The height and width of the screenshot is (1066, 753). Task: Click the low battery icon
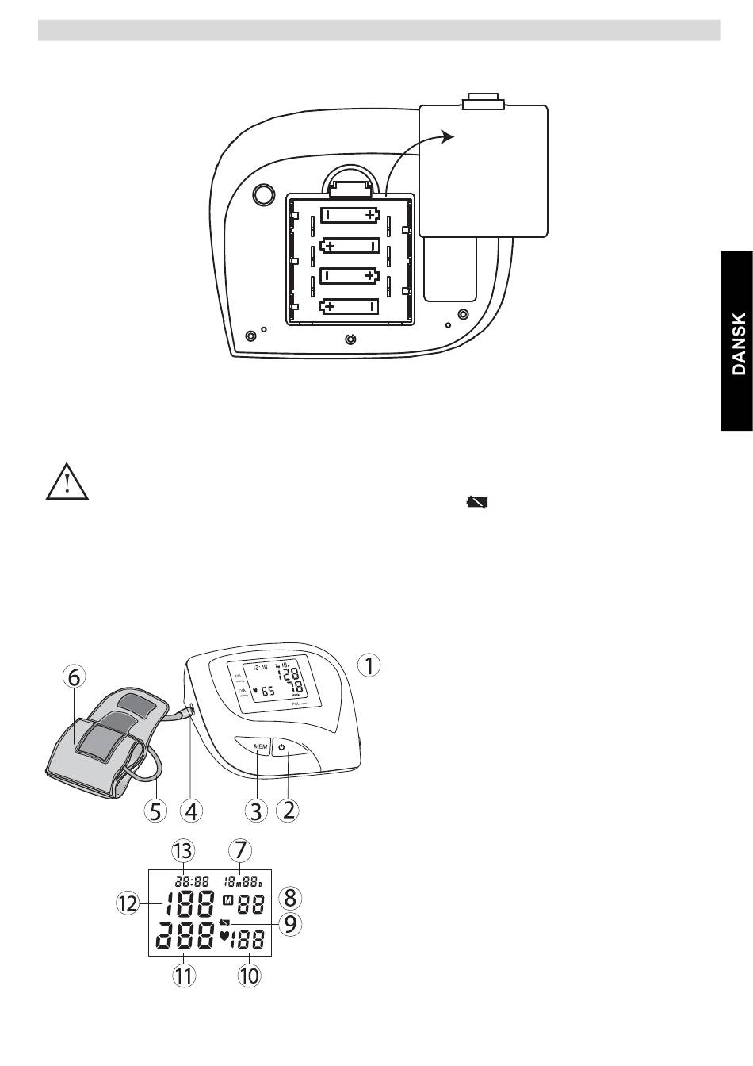[x=478, y=502]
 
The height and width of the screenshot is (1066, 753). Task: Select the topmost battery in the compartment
[x=350, y=215]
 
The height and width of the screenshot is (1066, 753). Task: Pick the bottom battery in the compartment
[x=350, y=306]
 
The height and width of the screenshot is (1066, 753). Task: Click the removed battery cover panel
[x=483, y=169]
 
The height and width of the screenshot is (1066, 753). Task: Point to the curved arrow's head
[x=449, y=136]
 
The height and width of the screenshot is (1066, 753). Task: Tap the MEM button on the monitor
[x=261, y=747]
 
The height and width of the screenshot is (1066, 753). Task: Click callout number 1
[x=368, y=665]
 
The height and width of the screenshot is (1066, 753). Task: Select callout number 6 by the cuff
[x=74, y=677]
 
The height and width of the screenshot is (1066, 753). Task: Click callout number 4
[x=191, y=811]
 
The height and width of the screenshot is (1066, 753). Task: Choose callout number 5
[x=156, y=811]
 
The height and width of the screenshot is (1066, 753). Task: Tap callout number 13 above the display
[x=183, y=850]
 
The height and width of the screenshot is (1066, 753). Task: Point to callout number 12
[x=127, y=903]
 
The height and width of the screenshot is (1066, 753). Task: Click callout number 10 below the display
[x=249, y=976]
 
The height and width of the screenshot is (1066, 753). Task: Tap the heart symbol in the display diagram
[x=224, y=937]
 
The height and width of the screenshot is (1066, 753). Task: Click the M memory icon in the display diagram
[x=228, y=901]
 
